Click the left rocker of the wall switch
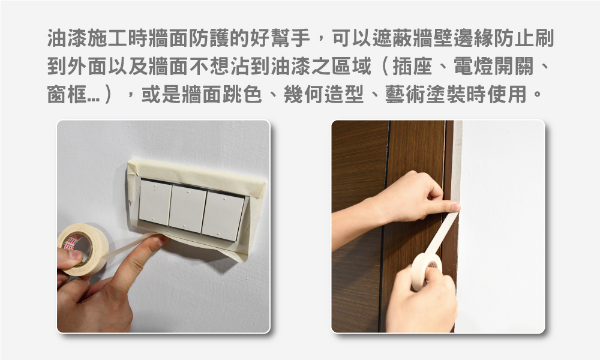pos(155,202)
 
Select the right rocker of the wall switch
pos(223,216)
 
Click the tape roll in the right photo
pos(426,271)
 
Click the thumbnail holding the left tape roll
pos(74,254)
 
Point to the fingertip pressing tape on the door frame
pos(454,208)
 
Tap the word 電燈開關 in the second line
pos(494,66)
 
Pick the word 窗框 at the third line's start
pos(67,94)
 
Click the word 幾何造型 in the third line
pos(323,94)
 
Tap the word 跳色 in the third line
pos(242,94)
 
